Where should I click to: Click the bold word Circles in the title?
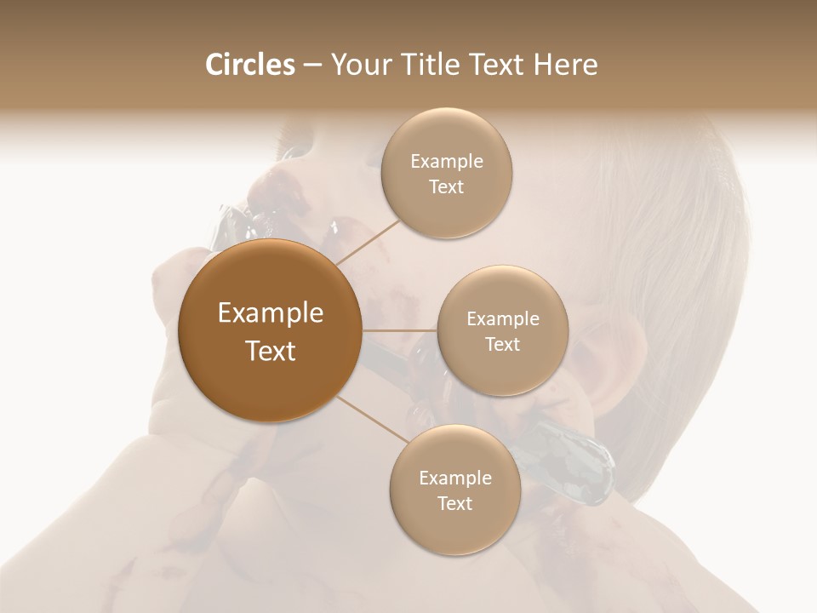(249, 65)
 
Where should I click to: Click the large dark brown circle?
(271, 330)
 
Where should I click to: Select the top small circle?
(447, 174)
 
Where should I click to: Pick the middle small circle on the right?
(502, 330)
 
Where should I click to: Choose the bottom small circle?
(454, 490)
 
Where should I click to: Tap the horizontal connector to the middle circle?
(400, 330)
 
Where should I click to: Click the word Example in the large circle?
(271, 313)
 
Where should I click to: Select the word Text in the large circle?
(271, 351)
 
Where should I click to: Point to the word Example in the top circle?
(447, 162)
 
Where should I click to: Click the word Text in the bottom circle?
(454, 504)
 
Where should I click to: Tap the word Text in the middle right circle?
(502, 345)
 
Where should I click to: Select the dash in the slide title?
(312, 66)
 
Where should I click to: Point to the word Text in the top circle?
(447, 187)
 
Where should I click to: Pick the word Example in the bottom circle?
(454, 478)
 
